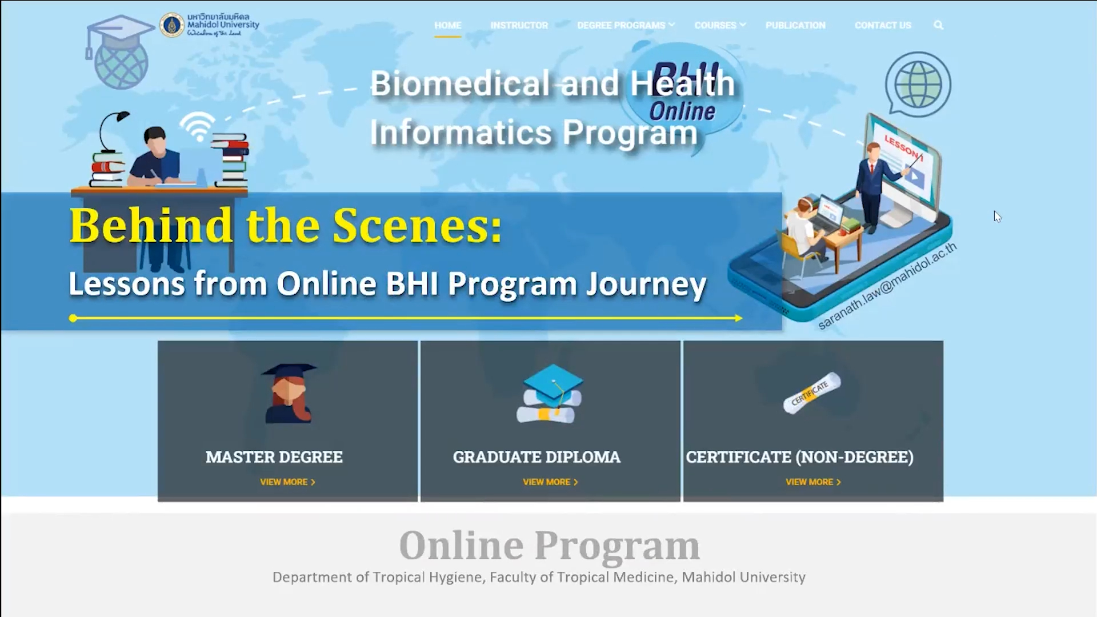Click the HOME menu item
[x=447, y=25]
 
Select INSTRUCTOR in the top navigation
[x=519, y=25]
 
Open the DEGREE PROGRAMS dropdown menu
[x=626, y=25]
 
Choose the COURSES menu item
[x=720, y=25]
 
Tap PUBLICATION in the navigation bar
[x=795, y=25]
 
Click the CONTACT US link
[x=883, y=25]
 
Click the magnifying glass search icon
[x=938, y=25]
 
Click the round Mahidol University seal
[x=171, y=25]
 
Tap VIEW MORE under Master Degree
[x=287, y=482]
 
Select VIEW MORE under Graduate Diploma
[x=550, y=482]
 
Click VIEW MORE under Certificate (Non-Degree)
[x=813, y=482]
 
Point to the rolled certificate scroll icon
[x=812, y=393]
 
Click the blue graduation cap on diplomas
[x=552, y=381]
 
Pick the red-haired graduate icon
[x=289, y=393]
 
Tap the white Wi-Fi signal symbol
[x=198, y=126]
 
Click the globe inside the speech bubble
[x=918, y=85]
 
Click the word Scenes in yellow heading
[x=418, y=226]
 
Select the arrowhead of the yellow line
[x=738, y=318]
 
